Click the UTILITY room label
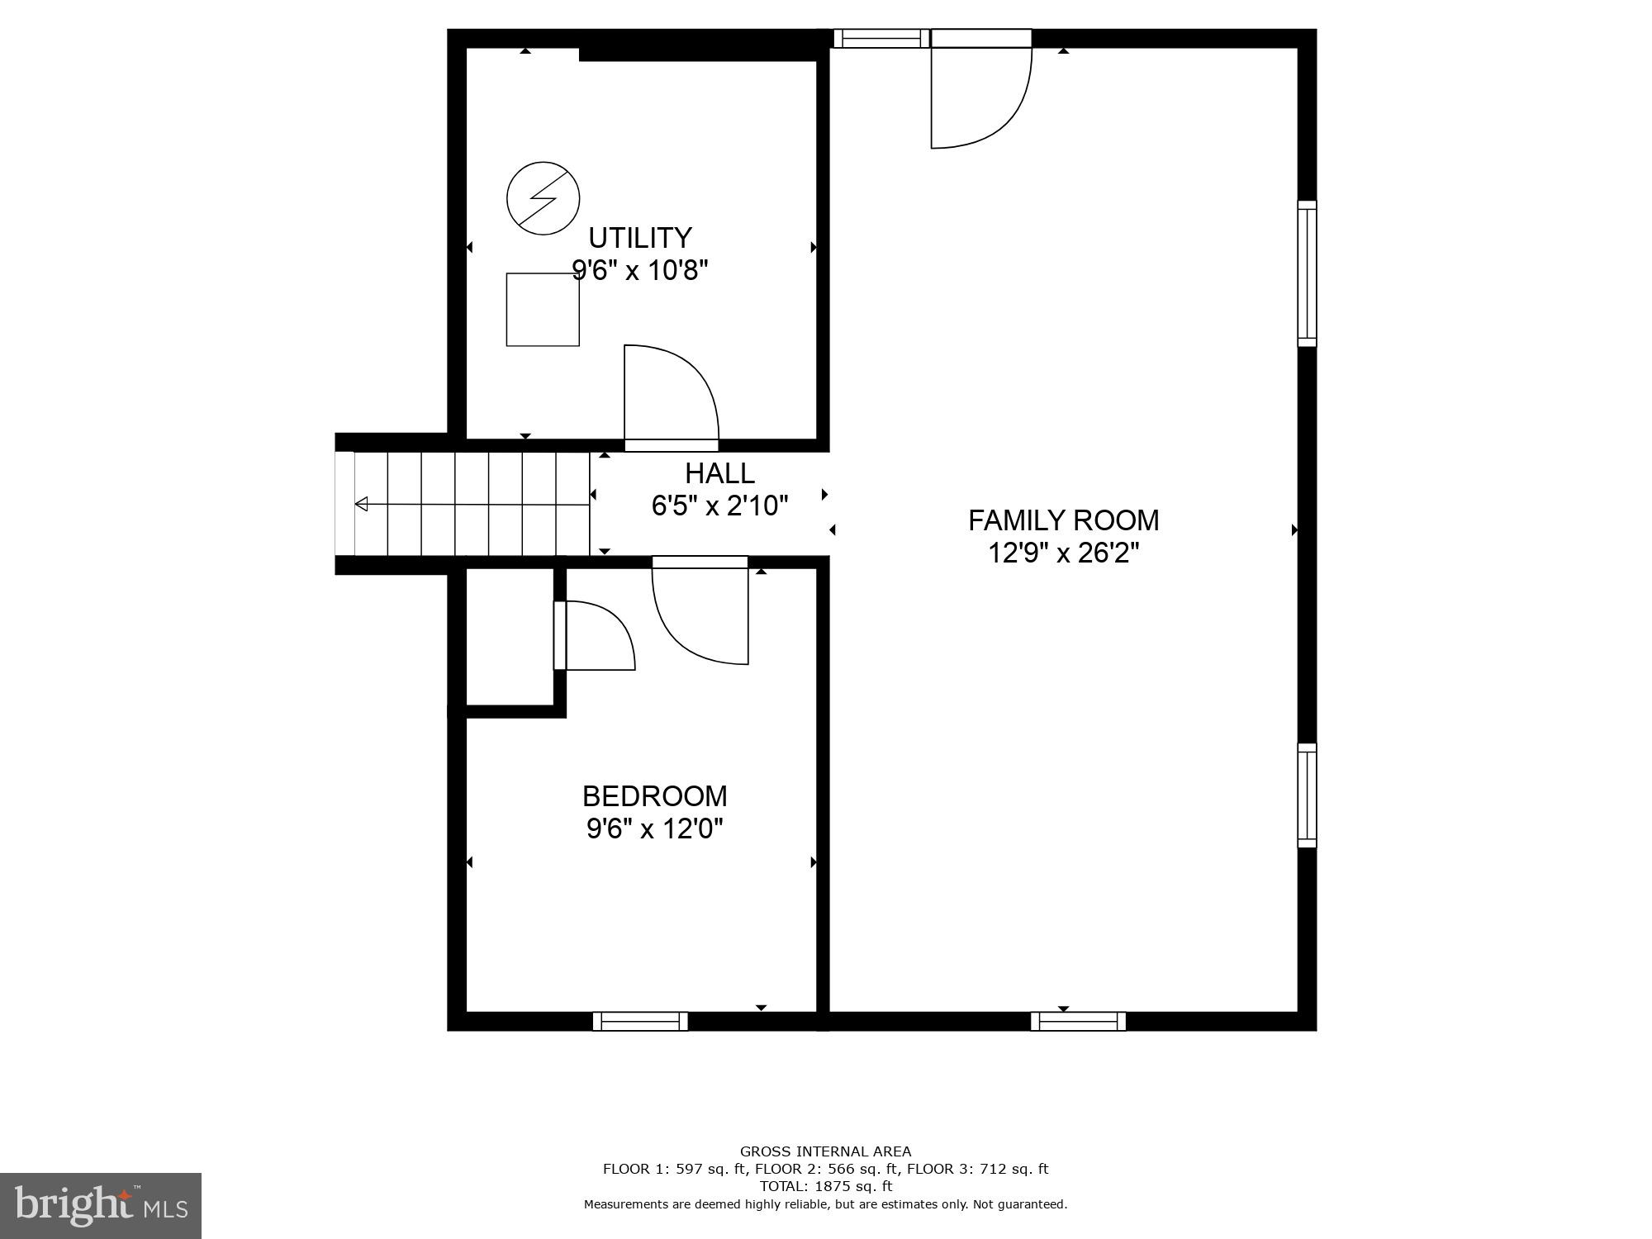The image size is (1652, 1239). [x=639, y=238]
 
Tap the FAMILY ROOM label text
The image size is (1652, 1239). [x=1063, y=520]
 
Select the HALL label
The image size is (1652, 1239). [x=719, y=473]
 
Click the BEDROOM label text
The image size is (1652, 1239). [x=654, y=796]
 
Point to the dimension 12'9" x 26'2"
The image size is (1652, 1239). [x=1063, y=553]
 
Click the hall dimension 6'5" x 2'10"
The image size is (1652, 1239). [x=719, y=506]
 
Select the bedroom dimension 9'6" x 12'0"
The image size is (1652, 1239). [x=654, y=828]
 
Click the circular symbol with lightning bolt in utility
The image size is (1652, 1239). [x=543, y=198]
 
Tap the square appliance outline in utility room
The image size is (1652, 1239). [x=543, y=310]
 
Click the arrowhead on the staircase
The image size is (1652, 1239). [x=362, y=504]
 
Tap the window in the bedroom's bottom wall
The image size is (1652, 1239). [x=640, y=1021]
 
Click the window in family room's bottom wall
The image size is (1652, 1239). [x=1078, y=1021]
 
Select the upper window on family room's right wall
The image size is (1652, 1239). [x=1307, y=273]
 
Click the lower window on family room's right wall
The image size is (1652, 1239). [x=1307, y=795]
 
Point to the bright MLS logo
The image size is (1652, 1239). [x=101, y=1206]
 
